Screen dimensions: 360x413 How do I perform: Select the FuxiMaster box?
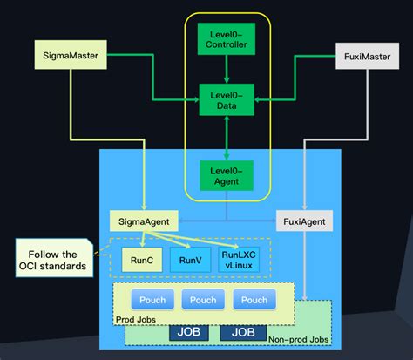[x=360, y=58]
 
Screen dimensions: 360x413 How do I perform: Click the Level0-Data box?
[x=227, y=98]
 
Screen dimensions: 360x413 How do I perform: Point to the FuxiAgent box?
[x=305, y=222]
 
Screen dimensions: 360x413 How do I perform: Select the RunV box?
[x=191, y=259]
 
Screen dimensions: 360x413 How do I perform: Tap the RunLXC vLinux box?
[x=240, y=259]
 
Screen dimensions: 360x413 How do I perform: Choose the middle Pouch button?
[x=205, y=300]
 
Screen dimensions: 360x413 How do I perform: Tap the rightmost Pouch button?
[x=254, y=300]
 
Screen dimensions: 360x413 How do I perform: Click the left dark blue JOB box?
[x=189, y=332]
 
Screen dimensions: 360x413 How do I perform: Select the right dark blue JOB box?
[x=242, y=332]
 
